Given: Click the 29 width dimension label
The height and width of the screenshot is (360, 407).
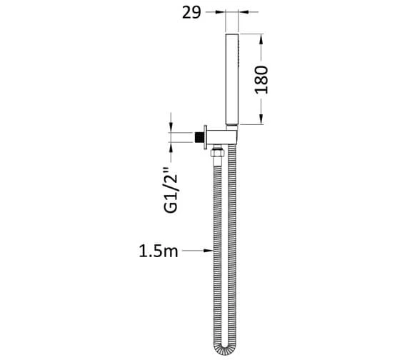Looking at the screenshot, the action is [191, 12].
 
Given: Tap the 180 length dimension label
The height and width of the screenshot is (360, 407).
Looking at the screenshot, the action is [261, 80].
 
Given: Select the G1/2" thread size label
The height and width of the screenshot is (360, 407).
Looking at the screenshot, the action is [171, 190].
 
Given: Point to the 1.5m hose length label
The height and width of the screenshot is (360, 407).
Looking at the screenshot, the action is [159, 251].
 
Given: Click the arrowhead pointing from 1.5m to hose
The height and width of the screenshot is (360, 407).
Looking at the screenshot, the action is [208, 251].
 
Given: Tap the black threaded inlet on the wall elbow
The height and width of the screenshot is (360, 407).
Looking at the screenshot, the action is [199, 137].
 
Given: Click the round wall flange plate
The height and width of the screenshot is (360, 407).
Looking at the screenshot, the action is [205, 137].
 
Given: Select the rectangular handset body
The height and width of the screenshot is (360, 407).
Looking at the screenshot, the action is [232, 79].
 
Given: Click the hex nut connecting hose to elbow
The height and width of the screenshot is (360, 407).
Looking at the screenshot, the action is [217, 154].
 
